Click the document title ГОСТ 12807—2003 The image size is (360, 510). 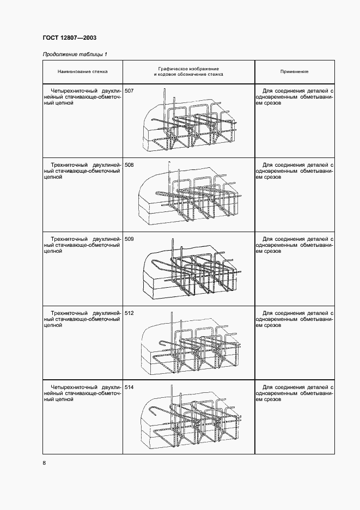[70, 38]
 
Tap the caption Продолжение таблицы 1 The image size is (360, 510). [75, 54]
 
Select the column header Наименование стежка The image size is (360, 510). [83, 71]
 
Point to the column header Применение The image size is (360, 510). [294, 71]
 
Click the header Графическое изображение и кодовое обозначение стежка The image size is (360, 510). [188, 71]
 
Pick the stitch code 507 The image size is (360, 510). [129, 91]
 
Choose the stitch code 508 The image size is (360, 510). [129, 165]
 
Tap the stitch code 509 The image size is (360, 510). [129, 239]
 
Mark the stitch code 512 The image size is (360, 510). [129, 313]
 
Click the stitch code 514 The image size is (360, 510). [129, 388]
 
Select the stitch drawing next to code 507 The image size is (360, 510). [190, 120]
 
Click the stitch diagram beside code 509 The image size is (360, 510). [192, 268]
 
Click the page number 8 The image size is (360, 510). [45, 463]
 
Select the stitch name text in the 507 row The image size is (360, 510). [83, 97]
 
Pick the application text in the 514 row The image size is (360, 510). [295, 393]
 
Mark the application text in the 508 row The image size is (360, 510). [295, 171]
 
